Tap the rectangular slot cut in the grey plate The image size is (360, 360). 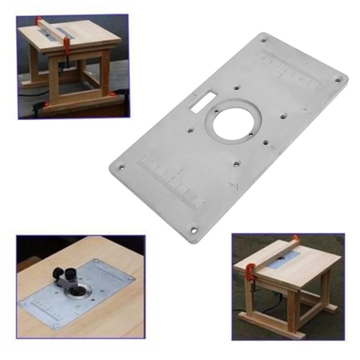click(x=199, y=101)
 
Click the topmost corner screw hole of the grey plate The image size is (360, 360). click(x=263, y=40)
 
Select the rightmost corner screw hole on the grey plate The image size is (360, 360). click(x=337, y=80)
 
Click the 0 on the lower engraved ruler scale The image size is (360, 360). click(x=173, y=179)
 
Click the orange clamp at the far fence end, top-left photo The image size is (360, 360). click(x=38, y=19)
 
